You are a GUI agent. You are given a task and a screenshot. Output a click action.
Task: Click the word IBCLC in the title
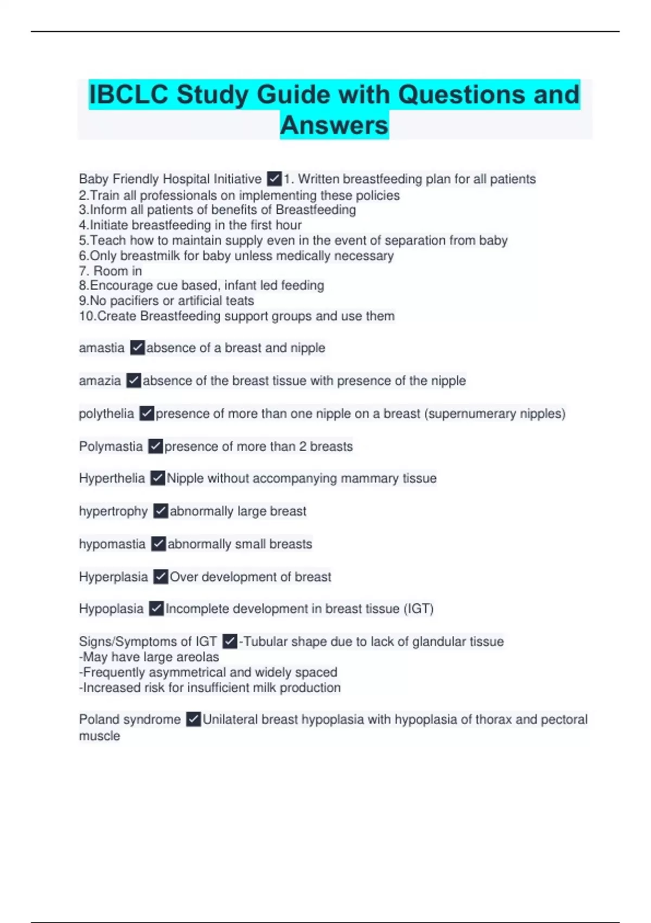(129, 94)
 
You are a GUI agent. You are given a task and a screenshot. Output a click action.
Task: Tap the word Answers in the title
(334, 125)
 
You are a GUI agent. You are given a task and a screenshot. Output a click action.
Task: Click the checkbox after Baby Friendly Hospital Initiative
(274, 179)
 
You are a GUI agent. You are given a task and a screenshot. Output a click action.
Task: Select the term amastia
(101, 347)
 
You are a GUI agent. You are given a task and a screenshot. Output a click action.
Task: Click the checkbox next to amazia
(133, 381)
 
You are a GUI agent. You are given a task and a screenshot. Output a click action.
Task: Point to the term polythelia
(106, 414)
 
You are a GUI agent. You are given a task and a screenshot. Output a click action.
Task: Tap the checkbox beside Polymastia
(156, 446)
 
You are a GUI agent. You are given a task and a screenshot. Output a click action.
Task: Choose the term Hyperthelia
(112, 478)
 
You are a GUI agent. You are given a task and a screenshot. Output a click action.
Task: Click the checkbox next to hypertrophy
(161, 511)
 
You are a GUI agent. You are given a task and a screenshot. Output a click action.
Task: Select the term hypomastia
(112, 544)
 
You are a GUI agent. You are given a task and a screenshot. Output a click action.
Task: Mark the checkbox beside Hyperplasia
(161, 577)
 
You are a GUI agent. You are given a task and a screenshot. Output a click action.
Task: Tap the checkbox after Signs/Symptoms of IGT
(230, 641)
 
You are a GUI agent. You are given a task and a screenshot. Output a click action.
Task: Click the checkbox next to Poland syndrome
(194, 719)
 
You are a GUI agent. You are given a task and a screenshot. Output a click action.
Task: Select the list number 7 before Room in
(83, 271)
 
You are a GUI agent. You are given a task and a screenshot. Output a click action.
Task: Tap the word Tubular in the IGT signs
(265, 642)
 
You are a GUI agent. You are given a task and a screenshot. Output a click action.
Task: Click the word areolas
(200, 657)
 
